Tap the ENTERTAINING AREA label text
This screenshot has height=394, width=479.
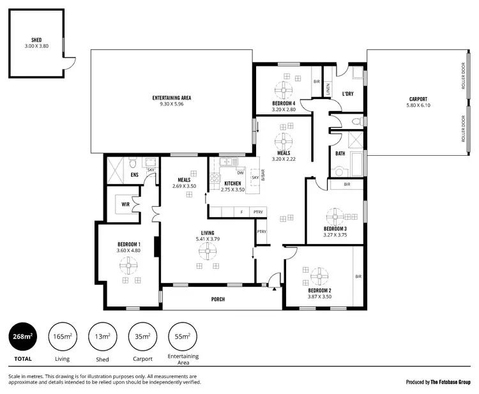coord(171,98)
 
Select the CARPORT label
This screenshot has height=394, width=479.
coord(418,99)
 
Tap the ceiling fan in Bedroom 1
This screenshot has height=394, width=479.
coord(130,263)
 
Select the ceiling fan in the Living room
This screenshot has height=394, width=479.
coord(208,253)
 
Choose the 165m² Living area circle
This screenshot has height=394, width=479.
coord(63,337)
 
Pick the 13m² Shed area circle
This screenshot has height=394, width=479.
coord(102,337)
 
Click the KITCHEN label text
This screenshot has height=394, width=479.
coord(232,184)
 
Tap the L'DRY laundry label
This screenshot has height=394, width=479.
coord(347,94)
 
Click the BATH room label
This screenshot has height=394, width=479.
coord(340,153)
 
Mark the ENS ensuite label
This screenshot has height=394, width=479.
coord(135,174)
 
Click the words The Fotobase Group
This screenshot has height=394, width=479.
coord(450,382)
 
